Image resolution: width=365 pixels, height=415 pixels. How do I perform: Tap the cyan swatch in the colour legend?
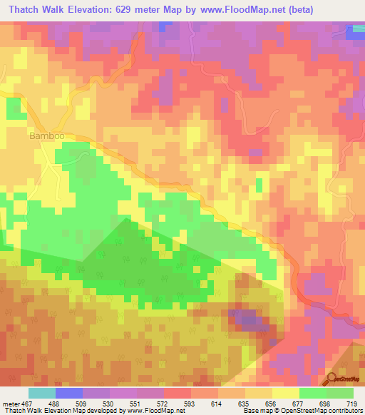coord(42,393)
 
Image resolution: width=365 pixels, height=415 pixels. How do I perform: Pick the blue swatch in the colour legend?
coord(69,393)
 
